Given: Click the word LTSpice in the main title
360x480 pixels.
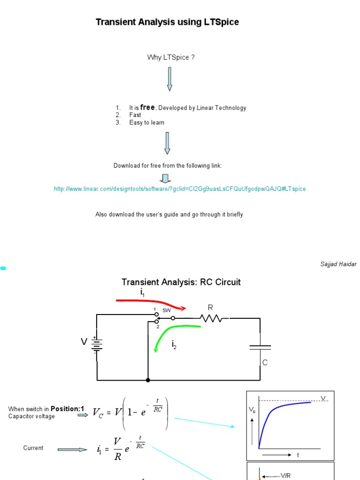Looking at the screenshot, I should [221, 22].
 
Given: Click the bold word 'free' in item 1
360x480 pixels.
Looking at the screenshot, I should [147, 107].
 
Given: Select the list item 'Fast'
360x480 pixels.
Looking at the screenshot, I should [135, 115].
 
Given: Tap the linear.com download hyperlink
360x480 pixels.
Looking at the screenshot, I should [180, 188].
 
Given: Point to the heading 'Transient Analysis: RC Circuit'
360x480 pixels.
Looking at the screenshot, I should [181, 282].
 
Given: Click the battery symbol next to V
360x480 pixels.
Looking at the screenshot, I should [97, 345].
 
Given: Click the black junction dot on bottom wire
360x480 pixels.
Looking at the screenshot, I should [148, 380].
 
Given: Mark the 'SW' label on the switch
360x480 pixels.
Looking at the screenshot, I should [166, 310].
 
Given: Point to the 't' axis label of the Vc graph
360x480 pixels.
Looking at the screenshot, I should [298, 455].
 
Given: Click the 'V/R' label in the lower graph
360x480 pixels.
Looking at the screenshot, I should [286, 476].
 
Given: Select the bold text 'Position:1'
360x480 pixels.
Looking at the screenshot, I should [67, 409].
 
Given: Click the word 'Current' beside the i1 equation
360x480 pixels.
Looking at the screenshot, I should [33, 448].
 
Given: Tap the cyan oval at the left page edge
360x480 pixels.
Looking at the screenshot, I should [3, 268].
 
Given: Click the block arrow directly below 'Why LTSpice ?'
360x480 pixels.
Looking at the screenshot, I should [169, 78].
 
